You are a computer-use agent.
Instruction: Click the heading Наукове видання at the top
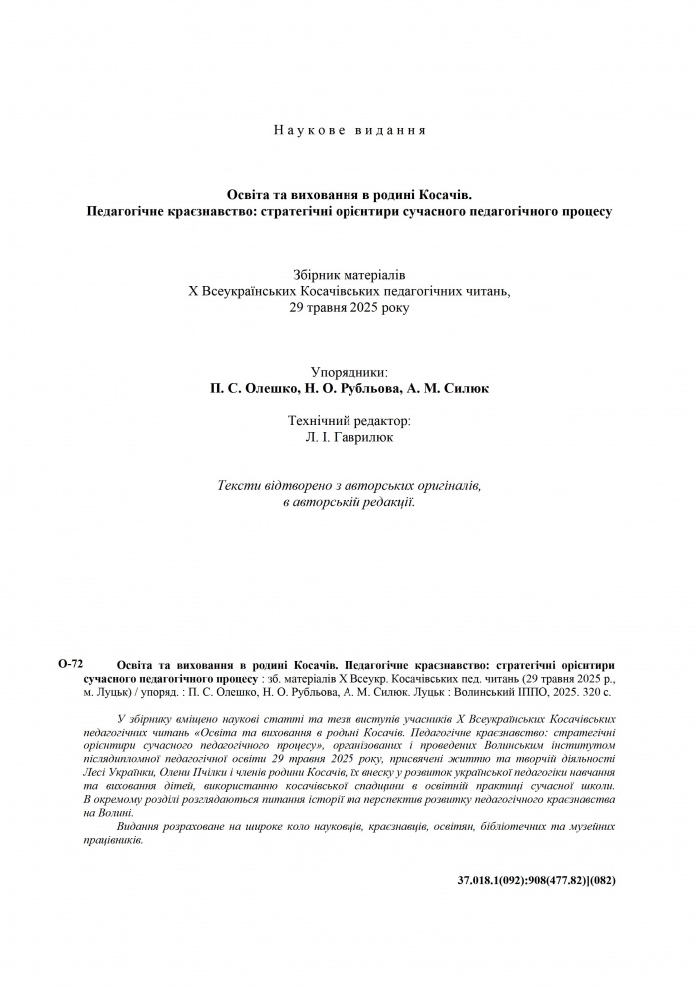(349, 130)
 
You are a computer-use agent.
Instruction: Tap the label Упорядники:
(349, 371)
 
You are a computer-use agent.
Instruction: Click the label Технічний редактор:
(349, 421)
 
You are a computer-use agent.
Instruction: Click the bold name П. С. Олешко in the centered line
(251, 388)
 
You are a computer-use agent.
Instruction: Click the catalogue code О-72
(71, 663)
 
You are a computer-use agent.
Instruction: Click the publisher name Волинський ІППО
(502, 690)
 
